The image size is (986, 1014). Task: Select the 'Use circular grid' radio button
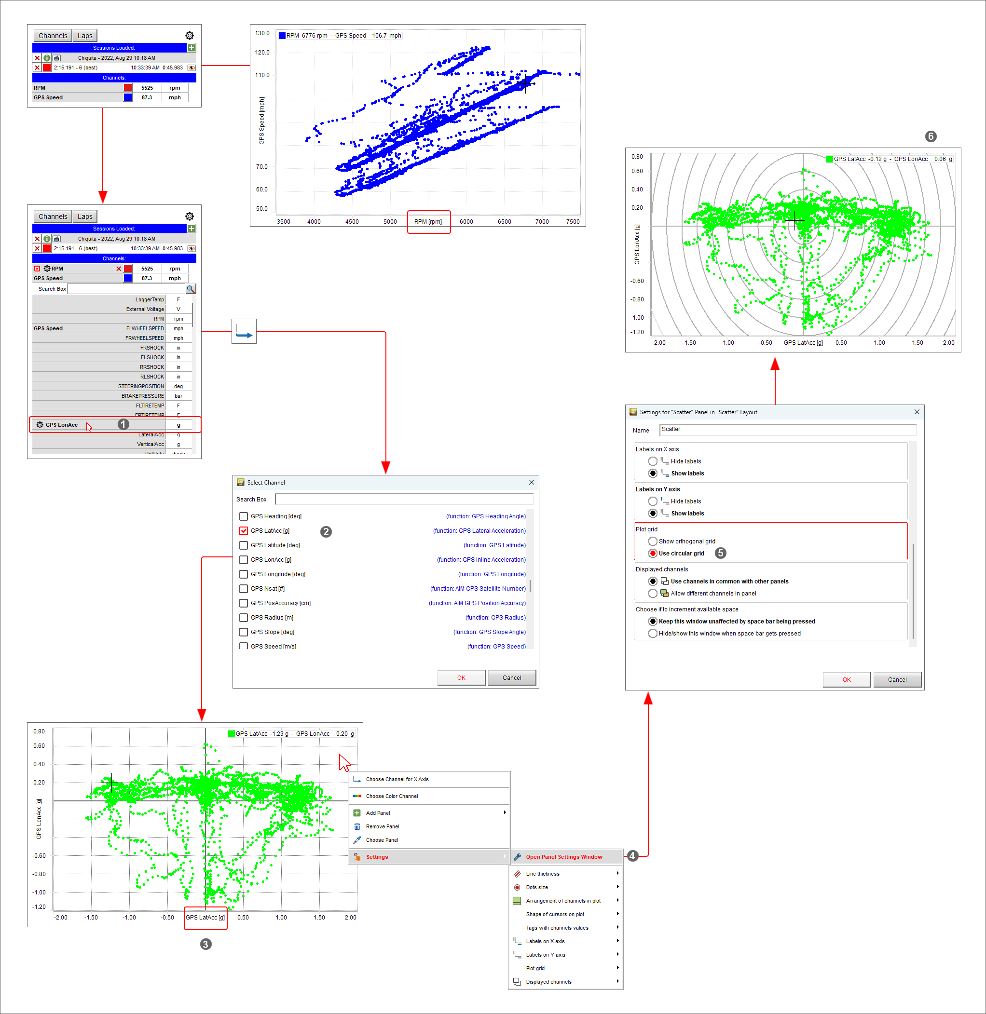(653, 554)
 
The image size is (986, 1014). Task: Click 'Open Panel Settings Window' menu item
(563, 857)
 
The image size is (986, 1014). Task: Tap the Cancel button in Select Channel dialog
(511, 677)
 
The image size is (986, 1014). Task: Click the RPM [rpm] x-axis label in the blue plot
(428, 221)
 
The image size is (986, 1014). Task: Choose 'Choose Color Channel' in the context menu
(392, 796)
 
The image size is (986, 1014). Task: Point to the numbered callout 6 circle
(931, 136)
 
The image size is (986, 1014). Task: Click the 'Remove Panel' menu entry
(382, 826)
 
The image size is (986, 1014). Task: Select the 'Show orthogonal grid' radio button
(653, 541)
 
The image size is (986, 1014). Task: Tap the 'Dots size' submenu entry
(536, 887)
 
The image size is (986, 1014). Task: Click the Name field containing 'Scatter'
(787, 430)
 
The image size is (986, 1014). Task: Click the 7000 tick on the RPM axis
(542, 221)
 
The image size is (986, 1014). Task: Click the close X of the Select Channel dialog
(531, 482)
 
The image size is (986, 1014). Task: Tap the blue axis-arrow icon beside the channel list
(244, 331)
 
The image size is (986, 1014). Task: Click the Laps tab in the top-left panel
(85, 36)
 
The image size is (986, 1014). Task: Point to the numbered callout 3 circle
(205, 944)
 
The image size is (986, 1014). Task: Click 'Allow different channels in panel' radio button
(653, 593)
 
